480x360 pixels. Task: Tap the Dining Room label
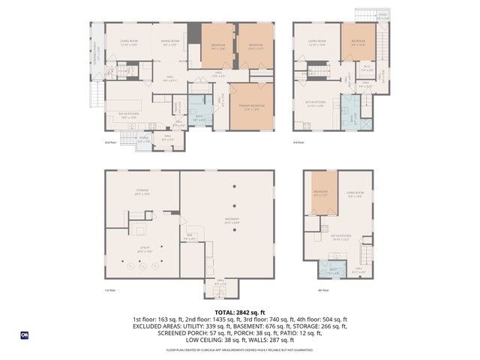click(x=169, y=42)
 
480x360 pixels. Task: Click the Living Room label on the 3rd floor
click(x=316, y=42)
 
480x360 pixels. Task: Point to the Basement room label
click(x=232, y=220)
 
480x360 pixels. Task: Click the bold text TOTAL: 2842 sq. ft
click(x=239, y=311)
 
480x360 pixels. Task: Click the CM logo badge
click(x=25, y=335)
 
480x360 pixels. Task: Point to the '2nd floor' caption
click(x=111, y=141)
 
